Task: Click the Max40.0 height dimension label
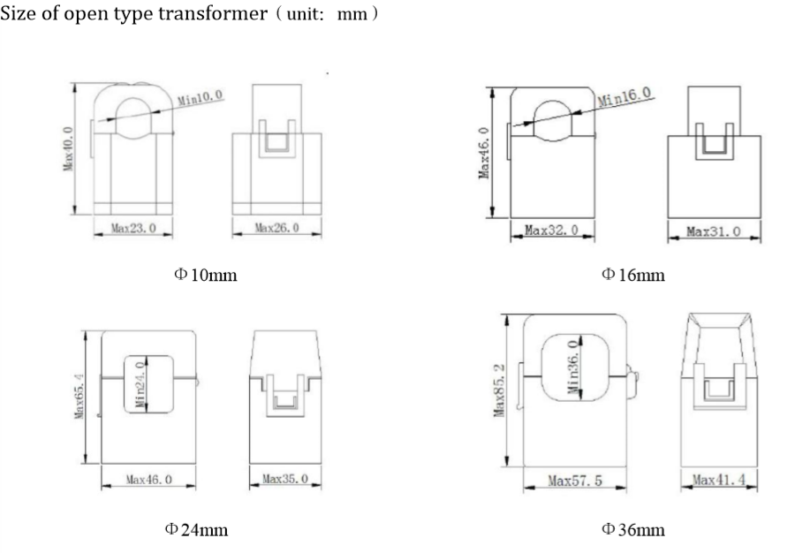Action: [x=68, y=148]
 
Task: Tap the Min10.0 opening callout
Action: [x=201, y=97]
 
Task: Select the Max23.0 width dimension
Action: [x=133, y=228]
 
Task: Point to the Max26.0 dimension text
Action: [x=276, y=227]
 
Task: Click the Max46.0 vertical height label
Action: [x=484, y=153]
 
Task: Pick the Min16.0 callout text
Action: [x=625, y=96]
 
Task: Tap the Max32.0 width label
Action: [x=552, y=230]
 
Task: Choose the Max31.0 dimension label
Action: [x=714, y=231]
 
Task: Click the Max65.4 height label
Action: [x=79, y=397]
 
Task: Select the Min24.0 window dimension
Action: [x=140, y=384]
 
